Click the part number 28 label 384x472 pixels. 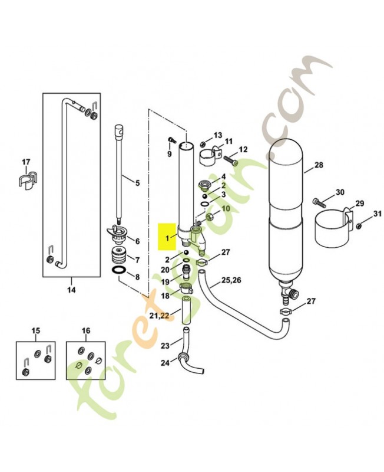pos(319,165)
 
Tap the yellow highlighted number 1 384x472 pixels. pos(167,238)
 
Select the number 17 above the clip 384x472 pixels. pos(26,162)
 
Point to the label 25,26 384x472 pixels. pos(231,280)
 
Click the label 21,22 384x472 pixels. pos(159,315)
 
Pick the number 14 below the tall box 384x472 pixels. pos(71,290)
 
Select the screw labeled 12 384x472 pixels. pos(230,160)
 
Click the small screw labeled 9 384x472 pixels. pos(171,140)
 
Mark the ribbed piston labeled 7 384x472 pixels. pos(117,255)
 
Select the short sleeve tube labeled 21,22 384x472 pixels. pos(186,310)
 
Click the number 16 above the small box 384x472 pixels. pos(86,331)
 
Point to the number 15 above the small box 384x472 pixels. pos(36,331)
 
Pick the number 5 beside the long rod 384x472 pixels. pos(138,183)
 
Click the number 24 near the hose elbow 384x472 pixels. pos(165,363)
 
